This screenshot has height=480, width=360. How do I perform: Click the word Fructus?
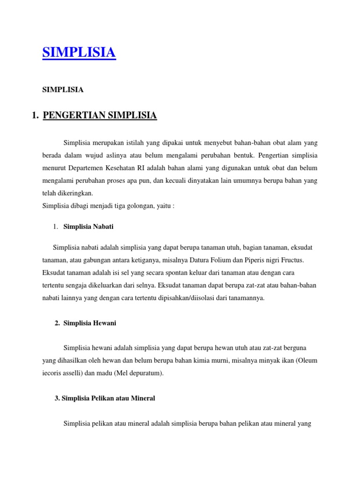tap(292, 260)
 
